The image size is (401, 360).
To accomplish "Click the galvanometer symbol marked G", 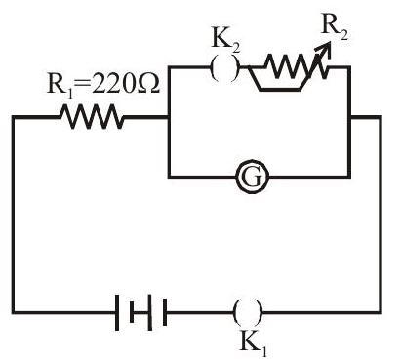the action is [253, 177].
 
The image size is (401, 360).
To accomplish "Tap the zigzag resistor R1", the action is [92, 117].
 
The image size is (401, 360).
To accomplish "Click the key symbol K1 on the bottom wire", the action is [248, 312].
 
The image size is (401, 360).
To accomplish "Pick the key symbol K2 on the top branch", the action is [224, 67].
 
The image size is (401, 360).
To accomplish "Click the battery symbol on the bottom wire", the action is [140, 312].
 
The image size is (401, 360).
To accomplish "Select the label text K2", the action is [225, 42].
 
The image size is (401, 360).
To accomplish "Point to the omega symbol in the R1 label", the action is [148, 83].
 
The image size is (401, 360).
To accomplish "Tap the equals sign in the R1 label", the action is [82, 84].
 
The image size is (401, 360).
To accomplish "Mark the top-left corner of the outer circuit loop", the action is [14, 117].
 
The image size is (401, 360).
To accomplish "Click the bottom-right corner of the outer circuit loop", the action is [380, 312].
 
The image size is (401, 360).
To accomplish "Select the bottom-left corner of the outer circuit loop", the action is [14, 312].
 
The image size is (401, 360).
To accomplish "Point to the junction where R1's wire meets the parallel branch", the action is [169, 117].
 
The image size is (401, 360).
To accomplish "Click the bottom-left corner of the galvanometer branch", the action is [169, 177].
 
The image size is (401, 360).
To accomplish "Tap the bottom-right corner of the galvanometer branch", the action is [349, 177].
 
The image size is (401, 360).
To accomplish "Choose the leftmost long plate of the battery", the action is [117, 312].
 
